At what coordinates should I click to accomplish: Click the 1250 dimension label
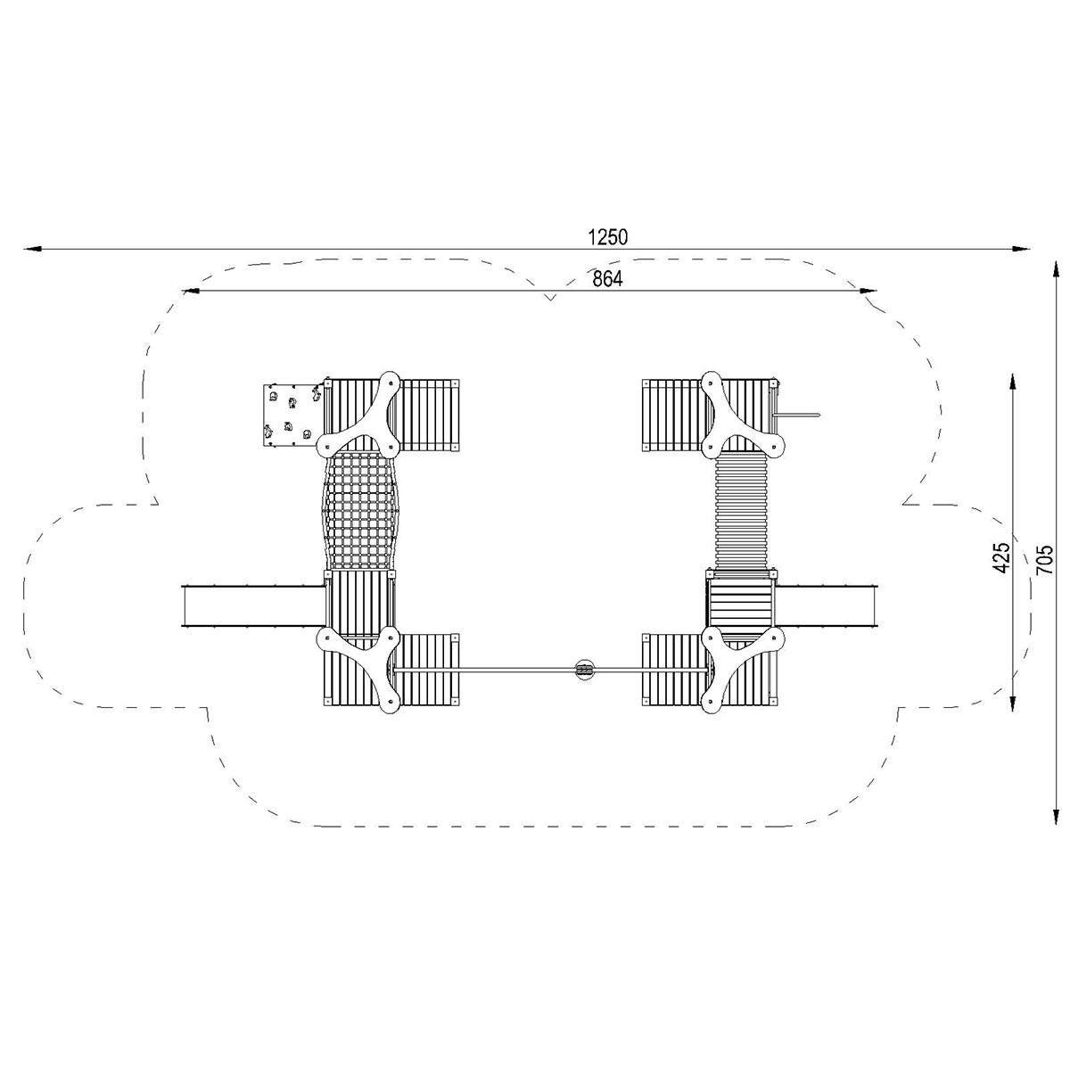[x=607, y=237]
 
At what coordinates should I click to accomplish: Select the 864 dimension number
[x=607, y=279]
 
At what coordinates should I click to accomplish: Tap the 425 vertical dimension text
[x=1002, y=557]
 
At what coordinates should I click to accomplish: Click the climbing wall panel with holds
[x=292, y=415]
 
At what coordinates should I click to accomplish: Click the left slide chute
[x=253, y=605]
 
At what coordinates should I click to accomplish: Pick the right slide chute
[x=826, y=605]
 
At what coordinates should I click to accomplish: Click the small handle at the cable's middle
[x=583, y=670]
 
